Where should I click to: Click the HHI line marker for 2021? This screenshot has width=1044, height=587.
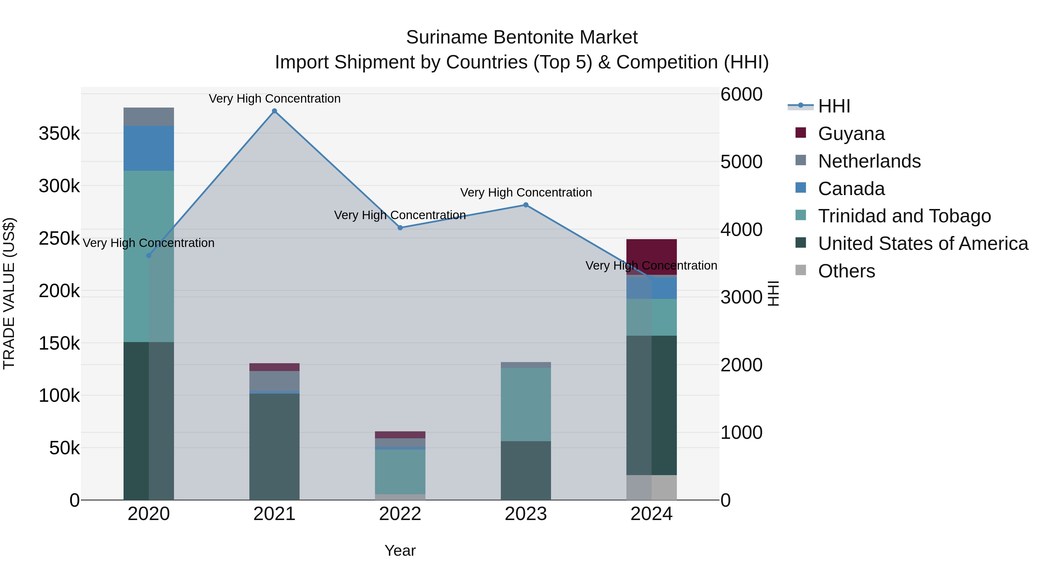(274, 111)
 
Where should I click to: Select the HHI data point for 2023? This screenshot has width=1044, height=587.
(526, 205)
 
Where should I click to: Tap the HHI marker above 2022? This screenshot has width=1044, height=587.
(400, 228)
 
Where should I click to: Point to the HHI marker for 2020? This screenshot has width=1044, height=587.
(149, 256)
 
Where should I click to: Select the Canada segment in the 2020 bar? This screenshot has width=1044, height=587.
(149, 148)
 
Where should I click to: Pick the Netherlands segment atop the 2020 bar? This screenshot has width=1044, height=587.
(149, 117)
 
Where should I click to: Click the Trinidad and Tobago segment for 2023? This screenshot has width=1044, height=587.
(526, 404)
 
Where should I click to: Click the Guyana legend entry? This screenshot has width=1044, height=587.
(851, 134)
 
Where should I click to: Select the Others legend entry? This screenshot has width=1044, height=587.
(846, 271)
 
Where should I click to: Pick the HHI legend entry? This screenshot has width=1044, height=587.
(834, 106)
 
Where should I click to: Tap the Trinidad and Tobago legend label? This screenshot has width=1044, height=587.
(904, 216)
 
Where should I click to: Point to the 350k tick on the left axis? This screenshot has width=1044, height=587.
(59, 133)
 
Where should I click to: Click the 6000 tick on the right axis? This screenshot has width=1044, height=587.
(741, 94)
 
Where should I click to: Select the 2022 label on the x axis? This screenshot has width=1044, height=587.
(400, 514)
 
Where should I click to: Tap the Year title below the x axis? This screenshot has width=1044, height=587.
(400, 550)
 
